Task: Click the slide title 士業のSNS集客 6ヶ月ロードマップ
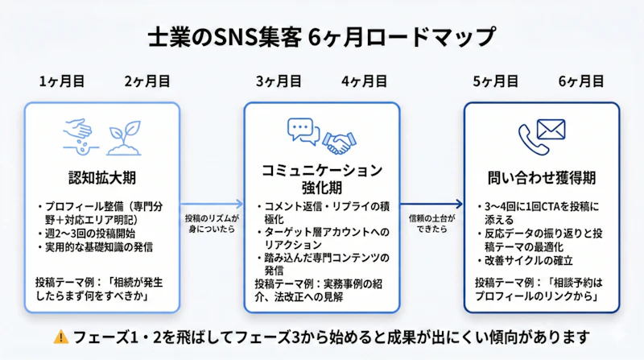[322, 37]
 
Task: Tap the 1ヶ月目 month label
[61, 81]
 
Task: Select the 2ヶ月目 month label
[147, 81]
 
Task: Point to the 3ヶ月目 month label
[279, 81]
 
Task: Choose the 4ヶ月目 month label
[364, 81]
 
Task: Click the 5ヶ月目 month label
[495, 81]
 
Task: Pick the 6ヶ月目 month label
[580, 81]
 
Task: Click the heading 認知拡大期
[101, 176]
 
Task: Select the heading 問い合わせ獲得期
[541, 177]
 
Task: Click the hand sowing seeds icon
[80, 133]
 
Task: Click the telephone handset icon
[530, 138]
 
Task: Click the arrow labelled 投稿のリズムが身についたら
[211, 205]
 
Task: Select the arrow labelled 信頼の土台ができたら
[431, 205]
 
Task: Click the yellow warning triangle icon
[60, 336]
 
